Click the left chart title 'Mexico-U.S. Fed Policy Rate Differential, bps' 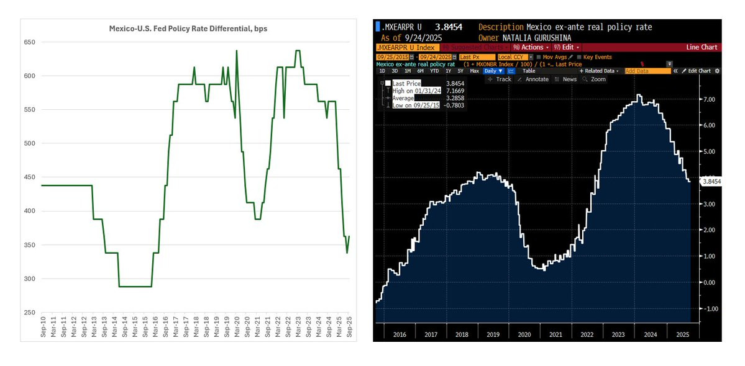coord(183,29)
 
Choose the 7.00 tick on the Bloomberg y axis coord(709,99)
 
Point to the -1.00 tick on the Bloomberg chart coord(708,308)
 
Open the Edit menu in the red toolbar coord(568,47)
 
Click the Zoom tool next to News coord(597,79)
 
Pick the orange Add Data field coord(647,71)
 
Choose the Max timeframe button coord(474,71)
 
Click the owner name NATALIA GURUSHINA coord(538,38)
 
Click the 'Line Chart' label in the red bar coord(701,47)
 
